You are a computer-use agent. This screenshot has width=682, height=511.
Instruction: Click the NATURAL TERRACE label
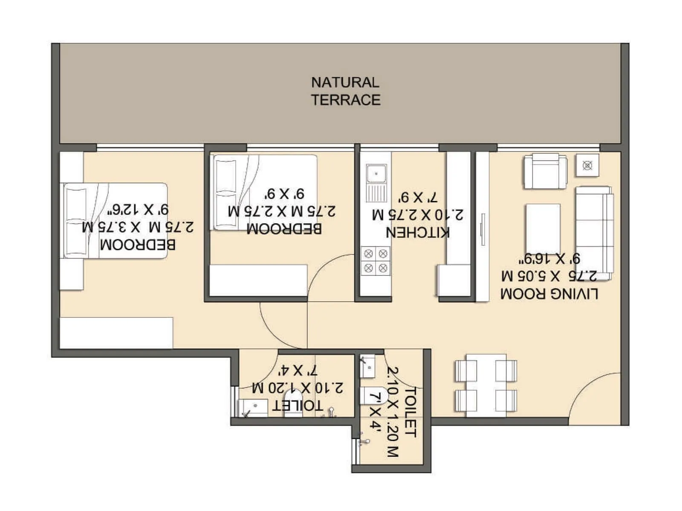[x=345, y=91]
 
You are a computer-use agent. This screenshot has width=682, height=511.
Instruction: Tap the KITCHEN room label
[x=417, y=233]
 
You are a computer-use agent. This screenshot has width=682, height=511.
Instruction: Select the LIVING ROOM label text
[x=549, y=294]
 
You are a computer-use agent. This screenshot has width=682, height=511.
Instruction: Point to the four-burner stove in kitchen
[x=376, y=261]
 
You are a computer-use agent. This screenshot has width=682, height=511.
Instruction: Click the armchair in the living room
[x=545, y=171]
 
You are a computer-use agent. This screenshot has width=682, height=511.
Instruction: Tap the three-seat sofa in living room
[x=594, y=233]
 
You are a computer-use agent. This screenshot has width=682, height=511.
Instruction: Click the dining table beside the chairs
[x=486, y=385]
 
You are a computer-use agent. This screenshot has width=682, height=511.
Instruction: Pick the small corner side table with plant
[x=587, y=165]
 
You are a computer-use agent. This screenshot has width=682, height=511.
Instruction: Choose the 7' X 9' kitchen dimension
[x=418, y=198]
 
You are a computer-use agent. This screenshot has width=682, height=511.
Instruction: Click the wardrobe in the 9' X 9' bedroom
[x=258, y=280]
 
